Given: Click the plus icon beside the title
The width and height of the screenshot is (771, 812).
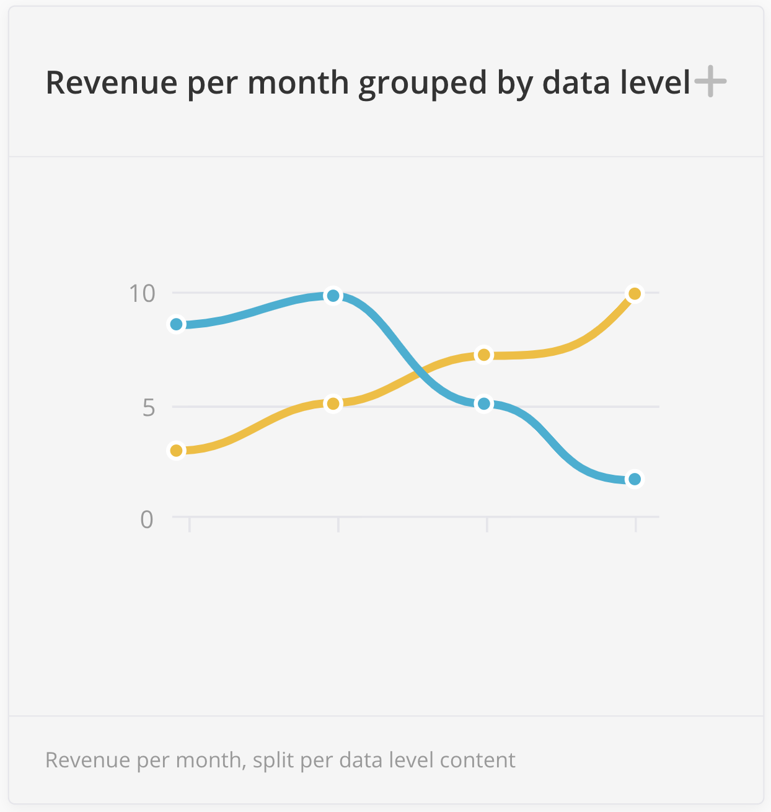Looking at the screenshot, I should [x=710, y=82].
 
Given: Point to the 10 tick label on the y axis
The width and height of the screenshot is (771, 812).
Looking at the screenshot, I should [x=143, y=293].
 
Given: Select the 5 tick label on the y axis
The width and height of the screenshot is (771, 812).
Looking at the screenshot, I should [x=148, y=407].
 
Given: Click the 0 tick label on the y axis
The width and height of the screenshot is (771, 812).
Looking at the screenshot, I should [x=147, y=519].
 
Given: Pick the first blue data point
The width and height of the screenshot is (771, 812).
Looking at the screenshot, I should [x=177, y=324].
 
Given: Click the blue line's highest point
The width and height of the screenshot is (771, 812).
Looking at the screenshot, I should [x=333, y=296].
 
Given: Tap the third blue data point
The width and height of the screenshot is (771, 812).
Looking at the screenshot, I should [x=484, y=404].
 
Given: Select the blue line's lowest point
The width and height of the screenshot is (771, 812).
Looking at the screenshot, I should [x=634, y=479].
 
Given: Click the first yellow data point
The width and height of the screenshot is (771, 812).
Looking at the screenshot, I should [x=177, y=451].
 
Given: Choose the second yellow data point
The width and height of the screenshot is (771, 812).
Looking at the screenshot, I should [x=333, y=404].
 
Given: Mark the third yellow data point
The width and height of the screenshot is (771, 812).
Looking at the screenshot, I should [x=484, y=355].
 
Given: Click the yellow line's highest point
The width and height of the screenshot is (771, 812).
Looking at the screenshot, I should [x=634, y=294].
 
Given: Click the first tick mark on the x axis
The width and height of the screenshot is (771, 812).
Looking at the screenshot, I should [x=190, y=524].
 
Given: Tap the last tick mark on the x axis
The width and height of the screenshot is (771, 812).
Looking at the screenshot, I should [x=635, y=524].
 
